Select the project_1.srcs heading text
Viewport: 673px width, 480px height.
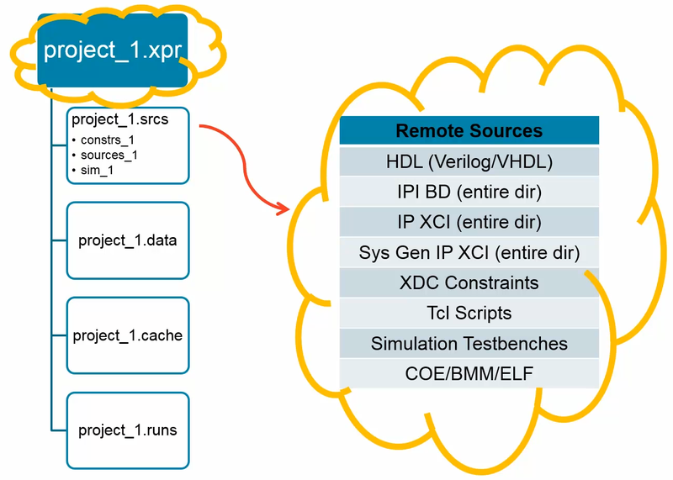click(x=119, y=119)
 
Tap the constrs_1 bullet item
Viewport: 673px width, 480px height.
click(x=108, y=140)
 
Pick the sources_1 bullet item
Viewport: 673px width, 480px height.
click(x=109, y=155)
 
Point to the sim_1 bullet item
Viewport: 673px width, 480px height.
click(x=96, y=170)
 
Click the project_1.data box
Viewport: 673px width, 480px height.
click(x=128, y=240)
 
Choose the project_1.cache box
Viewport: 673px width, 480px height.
click(x=128, y=335)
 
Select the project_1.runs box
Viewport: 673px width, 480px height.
click(x=128, y=430)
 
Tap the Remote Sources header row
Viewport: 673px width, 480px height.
click(x=469, y=131)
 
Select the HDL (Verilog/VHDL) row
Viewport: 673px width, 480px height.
click(x=469, y=161)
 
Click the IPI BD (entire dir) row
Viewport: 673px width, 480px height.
click(x=469, y=192)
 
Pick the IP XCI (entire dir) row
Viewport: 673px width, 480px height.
click(x=469, y=222)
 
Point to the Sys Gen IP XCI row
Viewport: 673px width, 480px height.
click(x=469, y=252)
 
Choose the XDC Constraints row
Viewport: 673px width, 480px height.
click(x=469, y=282)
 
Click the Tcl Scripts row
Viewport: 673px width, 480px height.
click(x=469, y=313)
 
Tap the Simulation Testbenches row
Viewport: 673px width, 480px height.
click(x=469, y=343)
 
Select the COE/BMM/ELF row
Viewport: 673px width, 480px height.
click(x=469, y=373)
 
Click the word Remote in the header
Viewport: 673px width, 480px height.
click(x=428, y=131)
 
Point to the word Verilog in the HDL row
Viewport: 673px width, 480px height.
click(x=476, y=161)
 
